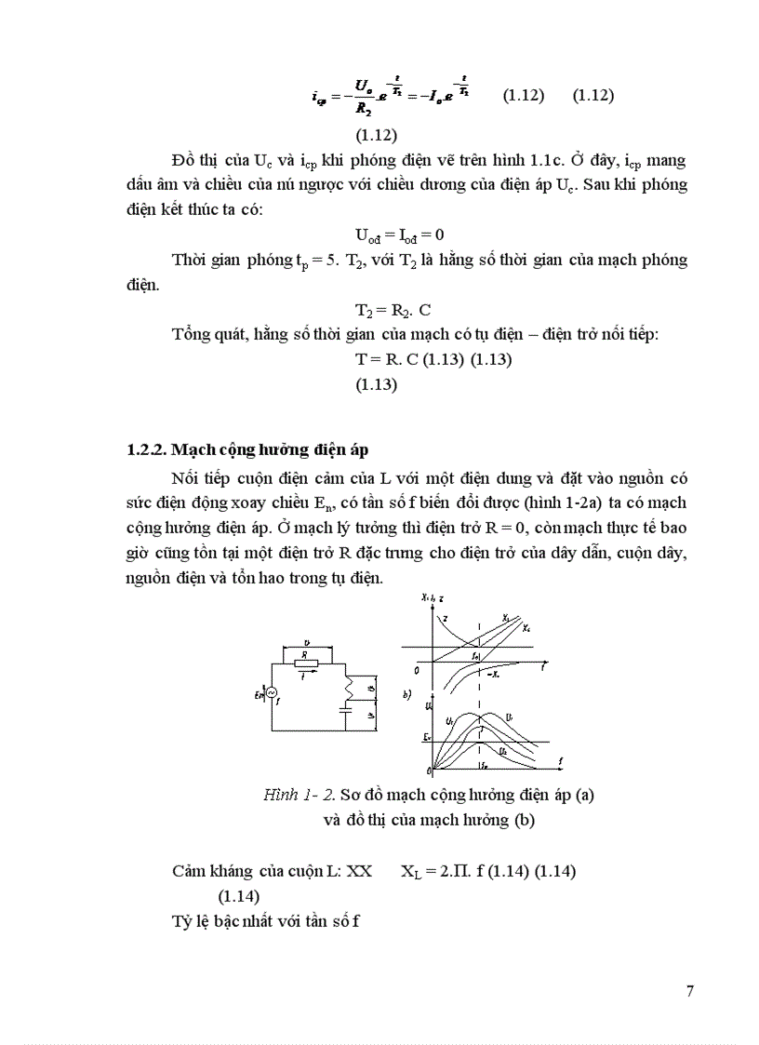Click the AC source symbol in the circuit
pyautogui.click(x=271, y=693)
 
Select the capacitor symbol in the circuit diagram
pyautogui.click(x=346, y=712)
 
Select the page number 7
pyautogui.click(x=689, y=990)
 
